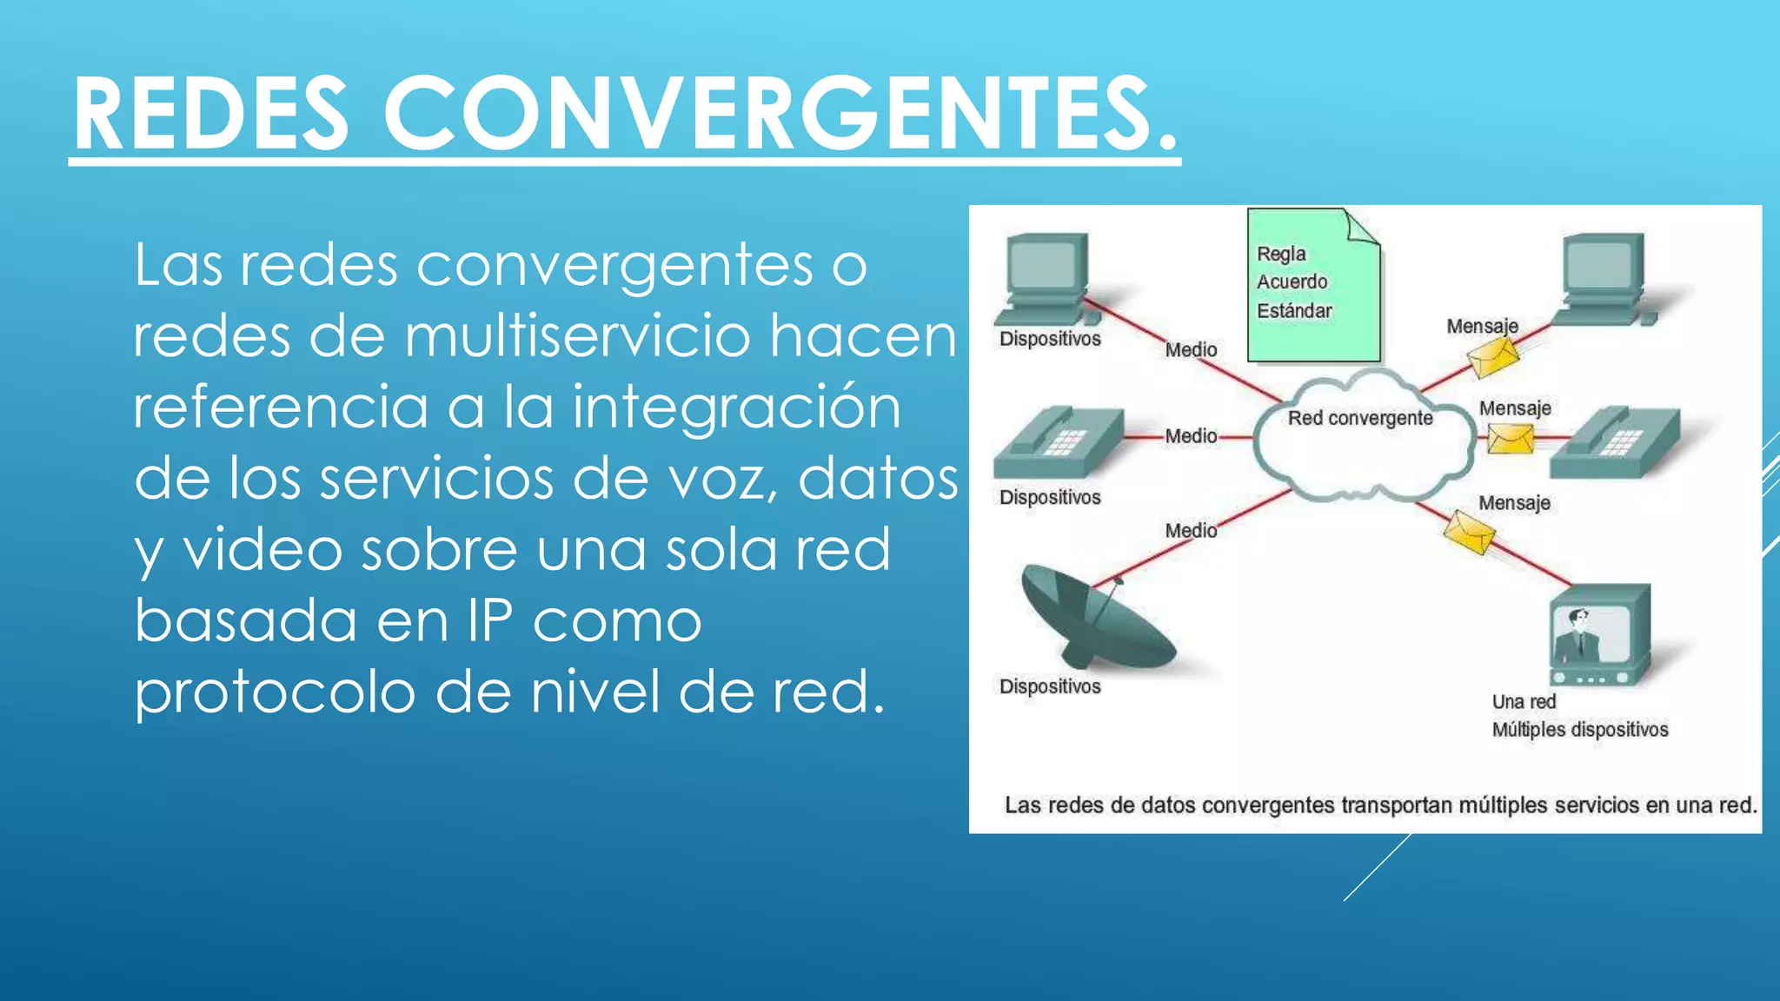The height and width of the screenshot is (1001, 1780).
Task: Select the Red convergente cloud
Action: (1361, 439)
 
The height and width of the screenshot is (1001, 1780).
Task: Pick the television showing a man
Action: (1599, 636)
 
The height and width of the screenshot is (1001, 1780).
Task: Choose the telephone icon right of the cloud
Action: (1615, 443)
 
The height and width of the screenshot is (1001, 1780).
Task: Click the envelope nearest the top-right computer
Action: (1493, 357)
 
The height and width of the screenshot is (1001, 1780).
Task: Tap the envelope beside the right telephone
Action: (1510, 439)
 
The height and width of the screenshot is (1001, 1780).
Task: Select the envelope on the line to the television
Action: (1469, 532)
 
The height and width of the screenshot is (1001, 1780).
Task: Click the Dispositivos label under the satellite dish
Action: (1050, 686)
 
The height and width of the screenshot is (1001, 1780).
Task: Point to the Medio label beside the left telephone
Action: (1191, 436)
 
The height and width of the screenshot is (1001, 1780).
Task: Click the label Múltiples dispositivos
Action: (1580, 730)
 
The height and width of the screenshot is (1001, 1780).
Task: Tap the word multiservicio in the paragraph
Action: (576, 336)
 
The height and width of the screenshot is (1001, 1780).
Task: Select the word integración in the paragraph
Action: (736, 408)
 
